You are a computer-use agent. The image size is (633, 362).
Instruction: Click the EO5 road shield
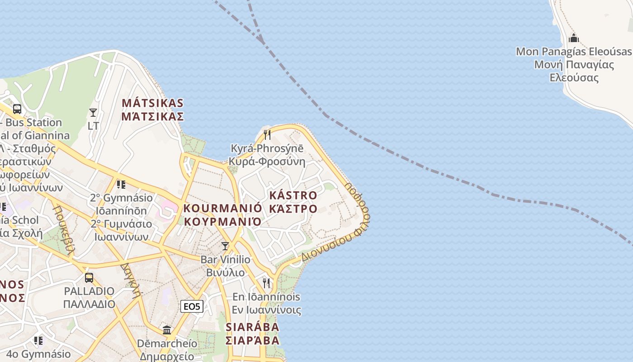tap(192, 306)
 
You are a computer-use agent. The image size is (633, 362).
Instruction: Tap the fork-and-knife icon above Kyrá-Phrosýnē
tap(267, 134)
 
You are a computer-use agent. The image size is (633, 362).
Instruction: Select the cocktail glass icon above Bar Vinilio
tap(225, 246)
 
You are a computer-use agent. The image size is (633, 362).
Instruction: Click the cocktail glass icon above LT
tap(93, 112)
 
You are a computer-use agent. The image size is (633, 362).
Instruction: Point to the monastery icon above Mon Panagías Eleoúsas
tap(574, 38)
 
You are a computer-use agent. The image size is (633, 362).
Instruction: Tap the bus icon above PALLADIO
tap(89, 277)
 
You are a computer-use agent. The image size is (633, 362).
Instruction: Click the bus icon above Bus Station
tap(17, 109)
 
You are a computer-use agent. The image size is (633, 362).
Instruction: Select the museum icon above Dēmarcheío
tap(167, 330)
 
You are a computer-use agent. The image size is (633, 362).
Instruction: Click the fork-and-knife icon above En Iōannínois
tap(266, 283)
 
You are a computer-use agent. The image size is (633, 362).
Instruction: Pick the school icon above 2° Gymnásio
tap(121, 184)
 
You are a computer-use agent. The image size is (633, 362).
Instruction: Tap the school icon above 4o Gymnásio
tap(38, 340)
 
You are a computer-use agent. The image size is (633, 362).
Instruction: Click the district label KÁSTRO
tap(293, 195)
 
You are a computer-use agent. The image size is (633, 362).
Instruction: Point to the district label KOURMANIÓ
tap(222, 208)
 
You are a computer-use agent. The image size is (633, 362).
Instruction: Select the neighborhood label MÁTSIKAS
tap(152, 103)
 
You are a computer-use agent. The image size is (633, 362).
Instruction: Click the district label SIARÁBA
tap(252, 327)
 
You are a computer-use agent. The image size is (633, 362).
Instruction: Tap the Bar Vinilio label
tap(225, 260)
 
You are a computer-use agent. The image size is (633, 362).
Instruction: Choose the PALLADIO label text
tap(89, 291)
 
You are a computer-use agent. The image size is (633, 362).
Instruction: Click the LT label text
tap(93, 126)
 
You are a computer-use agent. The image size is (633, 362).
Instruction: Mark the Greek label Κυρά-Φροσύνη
tap(267, 162)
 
